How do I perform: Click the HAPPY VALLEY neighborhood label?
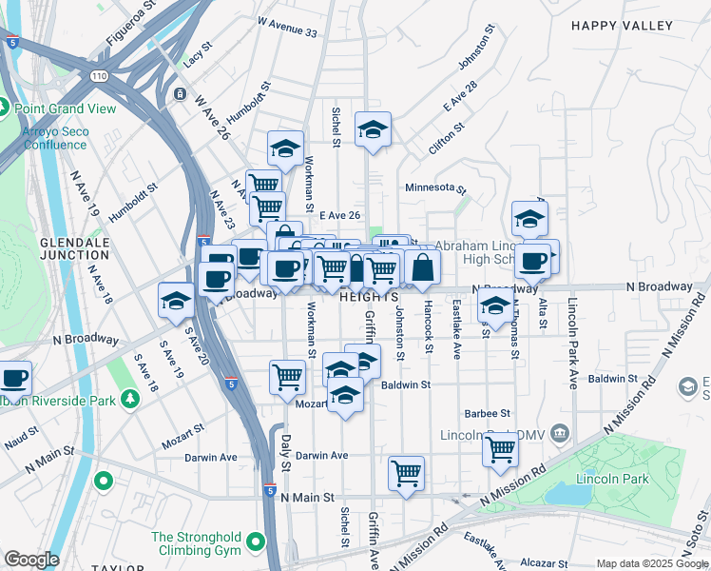[x=621, y=26]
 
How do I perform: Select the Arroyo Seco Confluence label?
[x=54, y=138]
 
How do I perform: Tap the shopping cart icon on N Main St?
[x=406, y=473]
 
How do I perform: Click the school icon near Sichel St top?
[x=374, y=128]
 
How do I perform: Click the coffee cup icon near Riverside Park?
[x=14, y=377]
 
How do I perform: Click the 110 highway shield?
[x=99, y=74]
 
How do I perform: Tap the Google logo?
[x=31, y=560]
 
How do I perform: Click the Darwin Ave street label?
[x=213, y=457]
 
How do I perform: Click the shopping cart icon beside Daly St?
[x=287, y=376]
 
